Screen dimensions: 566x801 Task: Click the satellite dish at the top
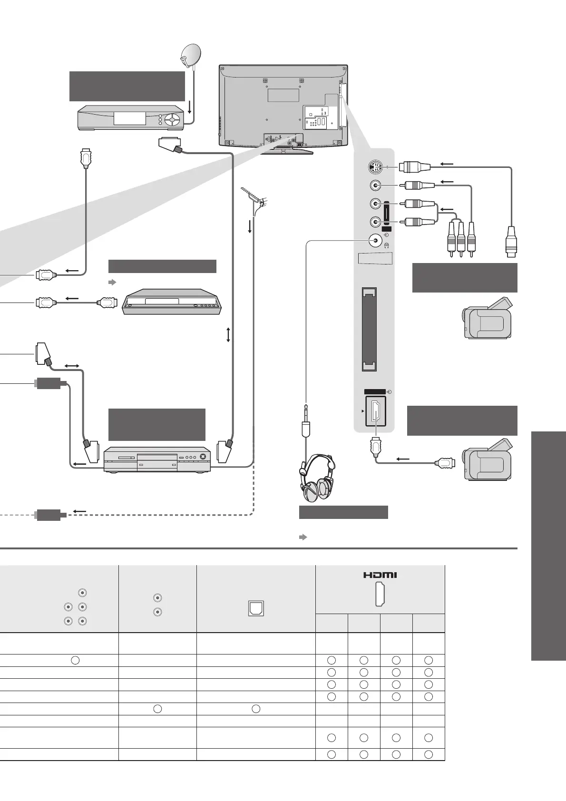click(x=190, y=56)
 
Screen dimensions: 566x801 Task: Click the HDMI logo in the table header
click(x=380, y=575)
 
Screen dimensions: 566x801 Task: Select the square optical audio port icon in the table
click(x=256, y=608)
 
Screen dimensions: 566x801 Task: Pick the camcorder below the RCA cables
click(x=488, y=319)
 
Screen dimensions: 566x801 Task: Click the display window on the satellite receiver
click(x=129, y=118)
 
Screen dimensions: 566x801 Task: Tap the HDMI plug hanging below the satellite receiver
click(x=86, y=158)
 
